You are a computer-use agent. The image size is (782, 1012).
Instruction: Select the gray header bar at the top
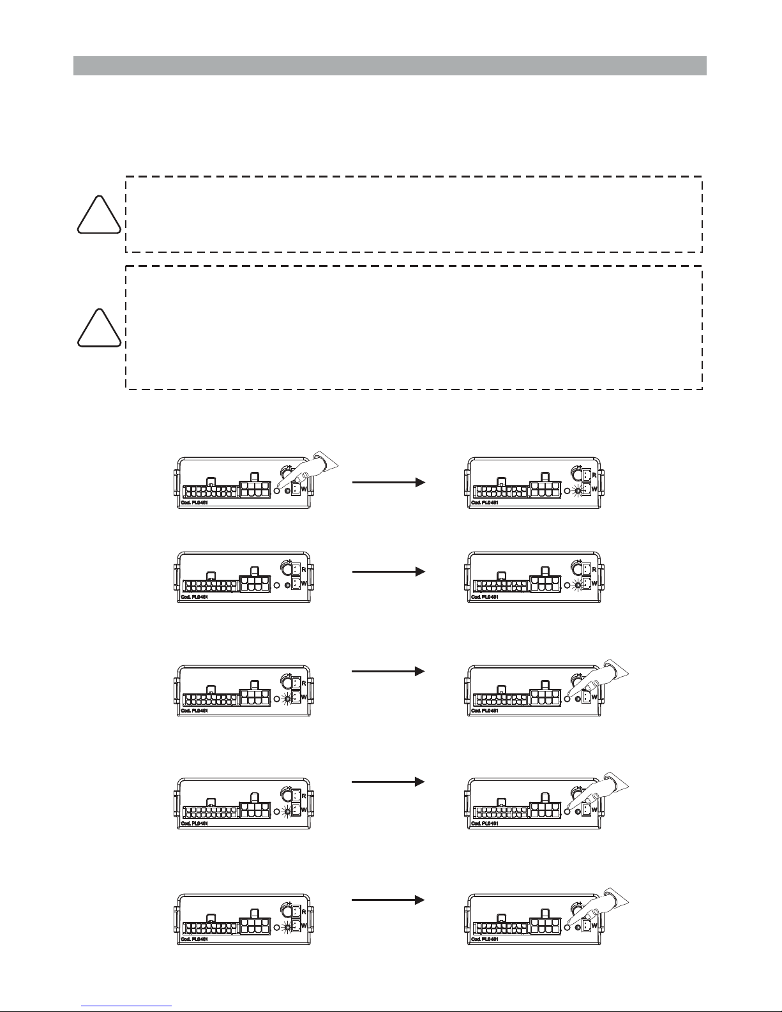coord(389,66)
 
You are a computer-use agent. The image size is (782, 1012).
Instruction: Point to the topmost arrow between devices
coord(388,483)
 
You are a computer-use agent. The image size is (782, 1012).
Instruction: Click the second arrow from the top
coord(388,572)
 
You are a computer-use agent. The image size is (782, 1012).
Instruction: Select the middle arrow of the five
coord(388,671)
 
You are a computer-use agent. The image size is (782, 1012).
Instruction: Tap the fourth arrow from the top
coord(388,782)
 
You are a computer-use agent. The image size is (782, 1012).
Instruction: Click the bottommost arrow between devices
coord(388,900)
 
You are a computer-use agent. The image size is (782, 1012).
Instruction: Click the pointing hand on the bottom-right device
coord(606,905)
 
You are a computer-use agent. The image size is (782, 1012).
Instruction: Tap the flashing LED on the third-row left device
coord(287,699)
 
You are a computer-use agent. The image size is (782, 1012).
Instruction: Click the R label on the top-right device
coord(594,476)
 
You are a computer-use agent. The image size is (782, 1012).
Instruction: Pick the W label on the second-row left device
coord(304,583)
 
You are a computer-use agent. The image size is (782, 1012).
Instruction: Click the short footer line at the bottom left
coord(126,1005)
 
